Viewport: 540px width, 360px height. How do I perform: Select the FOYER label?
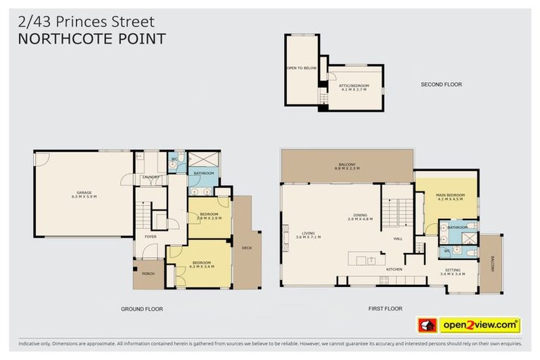[150, 237]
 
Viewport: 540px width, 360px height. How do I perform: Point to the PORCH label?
[148, 274]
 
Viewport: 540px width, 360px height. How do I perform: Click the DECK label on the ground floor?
[247, 247]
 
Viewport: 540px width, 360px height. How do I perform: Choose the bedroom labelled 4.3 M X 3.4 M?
[201, 264]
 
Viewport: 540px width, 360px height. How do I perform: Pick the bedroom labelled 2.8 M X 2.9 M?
[209, 216]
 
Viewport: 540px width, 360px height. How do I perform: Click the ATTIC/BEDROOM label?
[354, 88]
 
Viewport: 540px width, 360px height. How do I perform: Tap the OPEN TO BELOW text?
[301, 68]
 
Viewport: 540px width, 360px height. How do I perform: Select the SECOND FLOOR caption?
[441, 84]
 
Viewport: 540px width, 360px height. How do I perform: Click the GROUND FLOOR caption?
[142, 309]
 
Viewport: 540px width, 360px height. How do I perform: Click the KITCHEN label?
[393, 269]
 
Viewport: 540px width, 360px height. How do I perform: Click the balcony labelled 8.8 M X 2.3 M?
[347, 167]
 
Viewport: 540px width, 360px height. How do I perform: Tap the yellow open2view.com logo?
[480, 325]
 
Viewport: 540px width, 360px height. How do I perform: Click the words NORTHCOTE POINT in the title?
[91, 39]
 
